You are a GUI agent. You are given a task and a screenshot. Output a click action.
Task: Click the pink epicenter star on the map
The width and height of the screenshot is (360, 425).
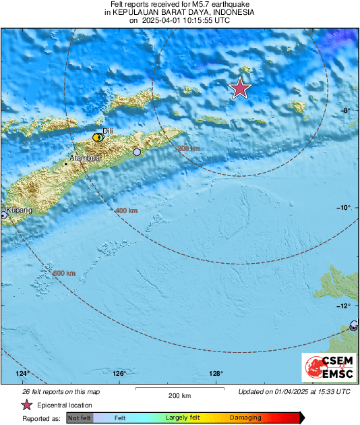[x=240, y=88]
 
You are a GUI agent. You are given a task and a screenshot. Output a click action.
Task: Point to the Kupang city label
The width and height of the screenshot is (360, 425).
[x=20, y=211]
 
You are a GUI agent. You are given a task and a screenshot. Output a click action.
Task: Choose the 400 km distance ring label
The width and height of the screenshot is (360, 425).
[x=126, y=211]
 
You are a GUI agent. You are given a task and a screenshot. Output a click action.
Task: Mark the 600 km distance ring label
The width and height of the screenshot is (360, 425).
[x=64, y=273]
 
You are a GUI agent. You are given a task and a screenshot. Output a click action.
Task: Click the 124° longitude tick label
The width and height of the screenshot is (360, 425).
[x=24, y=374]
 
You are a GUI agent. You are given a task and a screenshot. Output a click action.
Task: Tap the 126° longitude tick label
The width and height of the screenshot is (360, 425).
[x=120, y=374]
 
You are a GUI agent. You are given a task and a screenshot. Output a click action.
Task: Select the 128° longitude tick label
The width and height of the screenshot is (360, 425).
[x=216, y=374]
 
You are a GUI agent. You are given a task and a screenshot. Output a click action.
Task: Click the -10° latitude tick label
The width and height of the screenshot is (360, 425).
[x=344, y=208]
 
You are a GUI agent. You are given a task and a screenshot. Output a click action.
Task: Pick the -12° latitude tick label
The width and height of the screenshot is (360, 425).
[x=344, y=306]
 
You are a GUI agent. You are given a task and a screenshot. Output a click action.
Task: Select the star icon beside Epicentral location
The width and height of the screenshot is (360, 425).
[x=26, y=405]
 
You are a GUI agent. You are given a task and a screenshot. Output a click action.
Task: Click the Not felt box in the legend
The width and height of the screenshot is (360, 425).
[x=79, y=418]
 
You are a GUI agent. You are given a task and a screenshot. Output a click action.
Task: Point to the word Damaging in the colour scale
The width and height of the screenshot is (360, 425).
[x=245, y=418]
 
